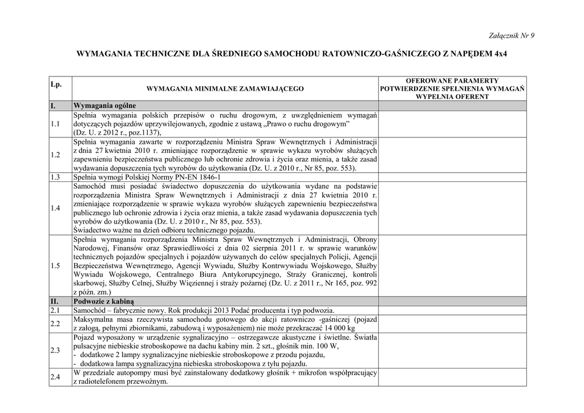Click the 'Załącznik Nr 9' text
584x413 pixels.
[x=512, y=35]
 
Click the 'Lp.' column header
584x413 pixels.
[x=56, y=84]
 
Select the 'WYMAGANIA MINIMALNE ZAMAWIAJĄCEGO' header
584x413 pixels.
[x=225, y=88]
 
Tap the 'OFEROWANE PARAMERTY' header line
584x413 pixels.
[x=452, y=81]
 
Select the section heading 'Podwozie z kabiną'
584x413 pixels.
[x=103, y=301]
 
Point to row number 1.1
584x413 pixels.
[x=55, y=124]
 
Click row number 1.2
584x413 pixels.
[x=55, y=155]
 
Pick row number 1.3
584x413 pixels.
[x=55, y=177]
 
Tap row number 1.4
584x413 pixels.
[x=55, y=208]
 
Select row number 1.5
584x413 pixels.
[x=55, y=266]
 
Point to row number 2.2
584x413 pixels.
[x=55, y=323]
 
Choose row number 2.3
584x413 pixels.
[x=55, y=350]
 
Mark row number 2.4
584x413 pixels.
[x=55, y=377]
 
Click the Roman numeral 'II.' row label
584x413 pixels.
[x=55, y=301]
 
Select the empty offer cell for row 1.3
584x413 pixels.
[x=452, y=177]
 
